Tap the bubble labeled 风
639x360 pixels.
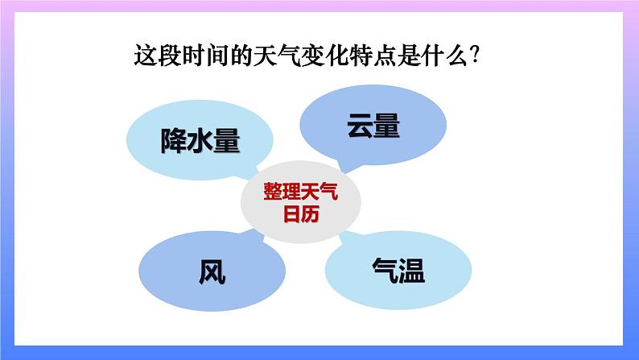[x=212, y=272]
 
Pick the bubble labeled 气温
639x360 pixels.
[x=398, y=270]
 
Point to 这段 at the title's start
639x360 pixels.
[x=158, y=57]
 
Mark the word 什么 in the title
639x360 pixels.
[x=454, y=57]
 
